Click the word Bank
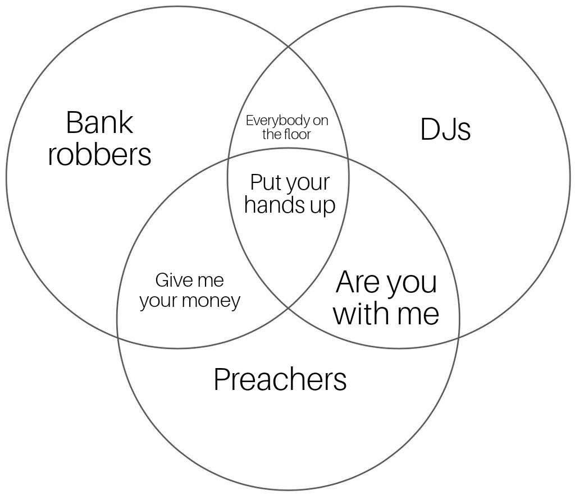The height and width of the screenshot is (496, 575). coord(99,122)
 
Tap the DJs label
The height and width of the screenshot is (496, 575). coord(445,130)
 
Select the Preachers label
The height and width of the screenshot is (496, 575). coord(280,380)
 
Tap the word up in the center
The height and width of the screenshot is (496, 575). coord(322,206)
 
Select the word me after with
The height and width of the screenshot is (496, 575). coord(418,314)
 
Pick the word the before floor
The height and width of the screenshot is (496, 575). coord(272,134)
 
